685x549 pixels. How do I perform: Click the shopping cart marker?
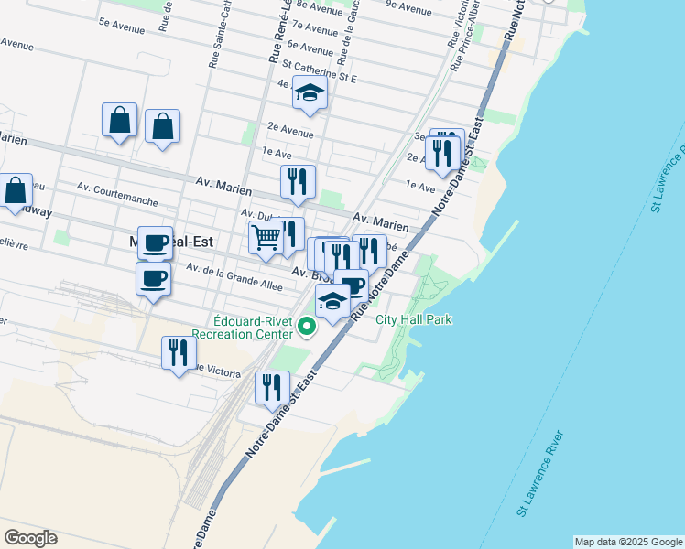(x=266, y=238)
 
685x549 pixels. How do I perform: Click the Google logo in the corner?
(x=30, y=538)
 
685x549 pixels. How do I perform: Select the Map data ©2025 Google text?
(x=628, y=542)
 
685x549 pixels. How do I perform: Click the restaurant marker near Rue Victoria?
(x=178, y=352)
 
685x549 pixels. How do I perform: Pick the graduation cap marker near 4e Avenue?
(x=310, y=94)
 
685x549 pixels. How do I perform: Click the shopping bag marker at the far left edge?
(x=16, y=190)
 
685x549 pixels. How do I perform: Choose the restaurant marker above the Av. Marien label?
(x=298, y=181)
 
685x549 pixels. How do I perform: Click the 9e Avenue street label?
(x=409, y=10)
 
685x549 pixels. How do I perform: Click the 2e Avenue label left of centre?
(x=291, y=128)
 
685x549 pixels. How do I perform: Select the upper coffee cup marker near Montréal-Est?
(x=155, y=242)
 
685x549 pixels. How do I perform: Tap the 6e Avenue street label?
(x=310, y=47)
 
